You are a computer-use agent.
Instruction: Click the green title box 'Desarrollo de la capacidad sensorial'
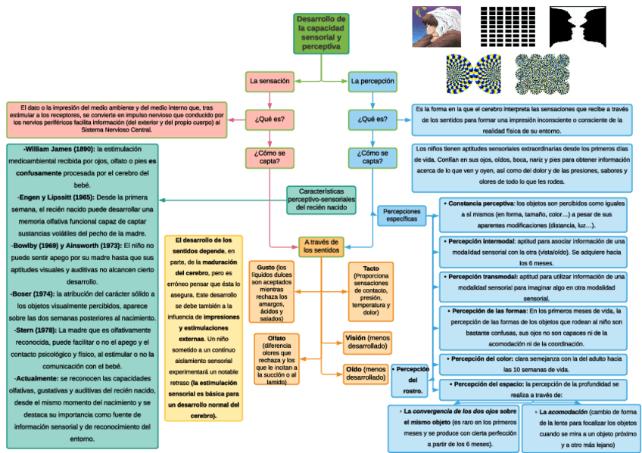click(321, 33)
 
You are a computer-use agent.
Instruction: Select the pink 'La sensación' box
click(270, 80)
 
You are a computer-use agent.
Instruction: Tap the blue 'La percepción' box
click(372, 80)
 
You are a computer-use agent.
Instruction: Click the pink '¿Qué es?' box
click(270, 119)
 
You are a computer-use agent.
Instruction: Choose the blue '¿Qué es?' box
click(372, 119)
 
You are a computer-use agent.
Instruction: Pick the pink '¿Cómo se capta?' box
click(270, 157)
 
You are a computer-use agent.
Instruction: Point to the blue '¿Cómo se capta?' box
click(372, 157)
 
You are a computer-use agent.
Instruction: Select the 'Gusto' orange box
click(271, 290)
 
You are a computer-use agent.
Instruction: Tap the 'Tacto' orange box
click(371, 290)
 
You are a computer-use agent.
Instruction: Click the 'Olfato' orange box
click(276, 358)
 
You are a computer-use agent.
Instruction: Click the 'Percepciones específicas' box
click(401, 216)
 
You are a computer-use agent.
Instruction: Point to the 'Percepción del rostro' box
click(413, 380)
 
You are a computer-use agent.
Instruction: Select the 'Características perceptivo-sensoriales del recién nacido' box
click(323, 200)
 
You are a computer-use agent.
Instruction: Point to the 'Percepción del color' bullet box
click(534, 364)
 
